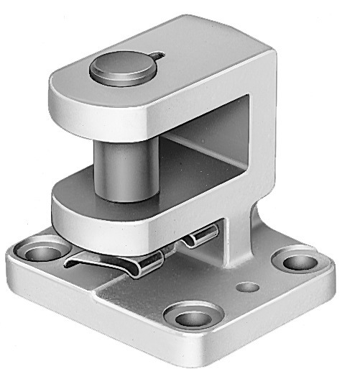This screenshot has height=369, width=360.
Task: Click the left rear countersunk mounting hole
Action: pyautogui.click(x=41, y=252)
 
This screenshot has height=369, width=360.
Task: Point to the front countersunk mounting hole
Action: pyautogui.click(x=192, y=315)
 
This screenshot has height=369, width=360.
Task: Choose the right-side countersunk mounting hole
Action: pyautogui.click(x=297, y=261)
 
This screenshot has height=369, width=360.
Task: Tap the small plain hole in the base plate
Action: pyautogui.click(x=249, y=287)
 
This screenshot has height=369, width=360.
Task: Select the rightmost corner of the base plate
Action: pyautogui.click(x=332, y=270)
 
